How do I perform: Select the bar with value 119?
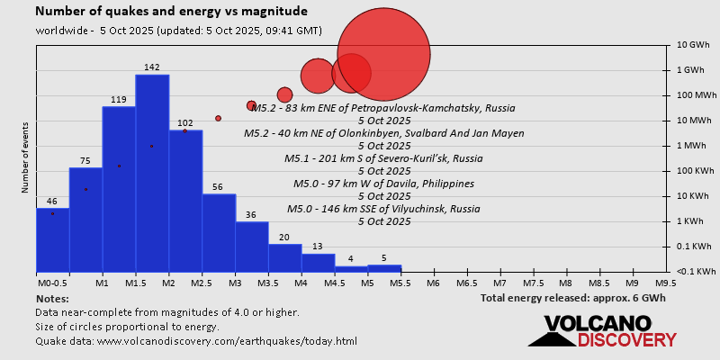pyautogui.click(x=119, y=189)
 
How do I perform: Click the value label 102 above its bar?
pyautogui.click(x=185, y=123)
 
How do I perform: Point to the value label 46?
pyautogui.click(x=52, y=202)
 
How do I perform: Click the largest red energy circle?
pyautogui.click(x=384, y=55)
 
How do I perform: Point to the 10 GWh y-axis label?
pyautogui.click(x=694, y=45)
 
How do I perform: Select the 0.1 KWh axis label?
pyautogui.click(x=694, y=247)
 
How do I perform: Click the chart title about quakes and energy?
pyautogui.click(x=171, y=12)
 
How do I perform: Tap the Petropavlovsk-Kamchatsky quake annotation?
pyautogui.click(x=383, y=108)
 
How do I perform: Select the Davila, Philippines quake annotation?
pyautogui.click(x=384, y=184)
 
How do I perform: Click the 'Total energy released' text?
pyautogui.click(x=574, y=298)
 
